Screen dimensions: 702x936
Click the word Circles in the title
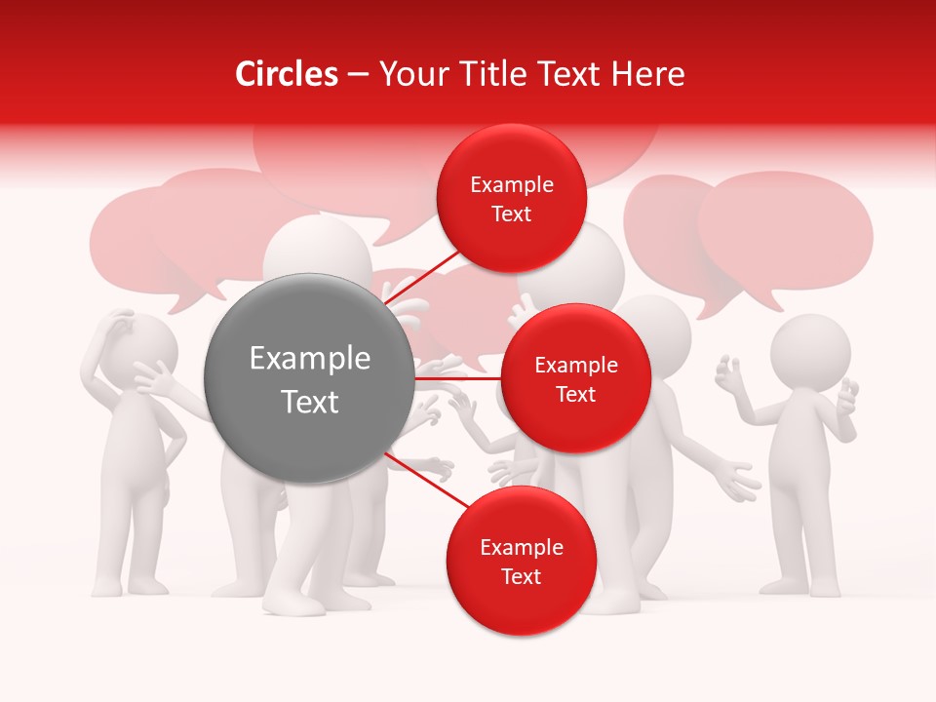[286, 74]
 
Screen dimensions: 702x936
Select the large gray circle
[309, 378]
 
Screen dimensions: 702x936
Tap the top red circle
[511, 198]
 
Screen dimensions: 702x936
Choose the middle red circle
[575, 378]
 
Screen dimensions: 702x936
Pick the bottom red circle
[521, 561]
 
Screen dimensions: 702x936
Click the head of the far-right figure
[810, 350]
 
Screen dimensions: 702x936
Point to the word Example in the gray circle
[309, 359]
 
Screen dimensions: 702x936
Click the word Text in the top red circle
[511, 214]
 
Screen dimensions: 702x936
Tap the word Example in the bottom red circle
[521, 547]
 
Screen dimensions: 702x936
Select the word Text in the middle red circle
[575, 394]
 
